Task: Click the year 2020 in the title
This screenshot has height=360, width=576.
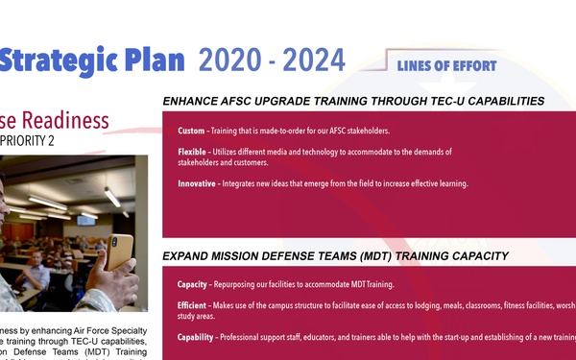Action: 228,60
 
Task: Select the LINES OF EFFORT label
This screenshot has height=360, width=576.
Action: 446,66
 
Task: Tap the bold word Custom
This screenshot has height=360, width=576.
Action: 192,131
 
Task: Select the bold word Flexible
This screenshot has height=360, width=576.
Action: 194,153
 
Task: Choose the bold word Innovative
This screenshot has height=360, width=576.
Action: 197,183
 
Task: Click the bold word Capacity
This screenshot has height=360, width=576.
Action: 195,285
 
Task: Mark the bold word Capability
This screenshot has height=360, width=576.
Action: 197,337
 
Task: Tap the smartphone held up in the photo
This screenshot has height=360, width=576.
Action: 120,251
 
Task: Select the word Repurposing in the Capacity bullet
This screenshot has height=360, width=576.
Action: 249,285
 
